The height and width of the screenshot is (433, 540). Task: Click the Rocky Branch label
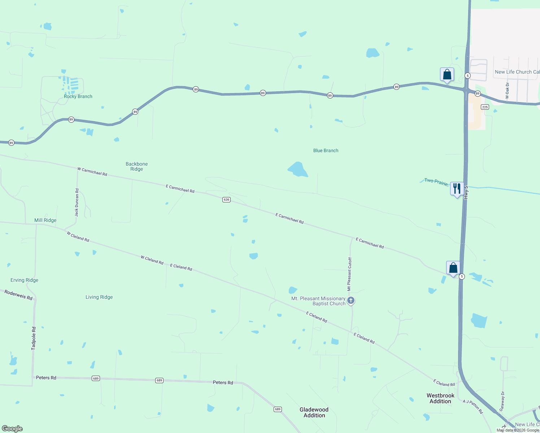tap(78, 96)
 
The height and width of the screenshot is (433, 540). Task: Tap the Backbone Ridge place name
tap(136, 166)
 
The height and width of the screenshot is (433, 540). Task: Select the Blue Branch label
tap(326, 150)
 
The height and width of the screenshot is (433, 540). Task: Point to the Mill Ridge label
tap(45, 220)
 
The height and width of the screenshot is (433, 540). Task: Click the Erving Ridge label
tap(24, 280)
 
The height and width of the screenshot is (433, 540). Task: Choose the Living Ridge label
tap(99, 297)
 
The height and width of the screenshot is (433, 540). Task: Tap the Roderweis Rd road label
tap(18, 295)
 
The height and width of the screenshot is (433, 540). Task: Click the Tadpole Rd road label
tap(34, 338)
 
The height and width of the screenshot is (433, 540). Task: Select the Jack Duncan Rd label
tap(77, 202)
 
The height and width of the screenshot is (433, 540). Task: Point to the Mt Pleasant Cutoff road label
tap(349, 274)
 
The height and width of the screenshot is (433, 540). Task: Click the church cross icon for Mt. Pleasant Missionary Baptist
tap(350, 300)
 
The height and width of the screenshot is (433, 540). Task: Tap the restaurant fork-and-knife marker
tap(457, 188)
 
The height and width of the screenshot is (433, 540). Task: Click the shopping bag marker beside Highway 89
tap(447, 75)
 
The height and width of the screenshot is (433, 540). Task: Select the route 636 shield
tap(226, 200)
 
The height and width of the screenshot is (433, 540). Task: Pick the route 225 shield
tap(485, 107)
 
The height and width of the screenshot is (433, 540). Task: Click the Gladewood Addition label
tap(314, 412)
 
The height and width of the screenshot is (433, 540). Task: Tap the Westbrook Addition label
tap(440, 398)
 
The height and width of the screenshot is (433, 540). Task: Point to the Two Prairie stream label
tap(436, 182)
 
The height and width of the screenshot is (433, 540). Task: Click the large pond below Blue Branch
tap(297, 169)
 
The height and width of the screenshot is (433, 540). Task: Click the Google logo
tap(12, 429)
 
